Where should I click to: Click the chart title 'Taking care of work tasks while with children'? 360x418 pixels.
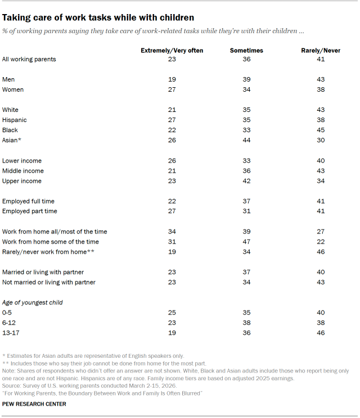(x=98, y=17)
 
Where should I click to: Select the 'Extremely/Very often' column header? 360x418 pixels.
(x=172, y=51)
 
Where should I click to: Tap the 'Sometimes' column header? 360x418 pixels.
(x=246, y=51)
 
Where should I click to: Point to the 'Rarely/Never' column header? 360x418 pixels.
(x=321, y=51)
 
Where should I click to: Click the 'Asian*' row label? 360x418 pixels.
(x=12, y=140)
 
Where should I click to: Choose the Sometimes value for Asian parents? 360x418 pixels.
(x=246, y=140)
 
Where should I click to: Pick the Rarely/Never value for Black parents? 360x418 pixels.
(x=321, y=130)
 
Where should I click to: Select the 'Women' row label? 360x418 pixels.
(x=13, y=89)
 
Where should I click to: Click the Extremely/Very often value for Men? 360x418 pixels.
(x=172, y=79)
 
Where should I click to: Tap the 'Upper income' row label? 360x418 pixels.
(x=22, y=181)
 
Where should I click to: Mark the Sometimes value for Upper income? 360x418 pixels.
(x=246, y=181)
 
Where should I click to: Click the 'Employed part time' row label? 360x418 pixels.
(x=30, y=211)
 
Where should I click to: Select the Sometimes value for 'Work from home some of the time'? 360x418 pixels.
(x=246, y=242)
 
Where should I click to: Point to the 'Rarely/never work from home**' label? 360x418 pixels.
(x=48, y=252)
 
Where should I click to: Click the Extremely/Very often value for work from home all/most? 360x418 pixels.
(x=172, y=232)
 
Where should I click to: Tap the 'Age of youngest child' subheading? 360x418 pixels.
(x=33, y=303)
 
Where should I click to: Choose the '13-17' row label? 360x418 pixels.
(x=11, y=333)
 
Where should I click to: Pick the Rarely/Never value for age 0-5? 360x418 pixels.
(x=321, y=313)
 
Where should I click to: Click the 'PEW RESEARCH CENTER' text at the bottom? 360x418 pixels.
(x=34, y=404)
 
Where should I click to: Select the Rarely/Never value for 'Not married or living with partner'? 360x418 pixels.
(x=321, y=282)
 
